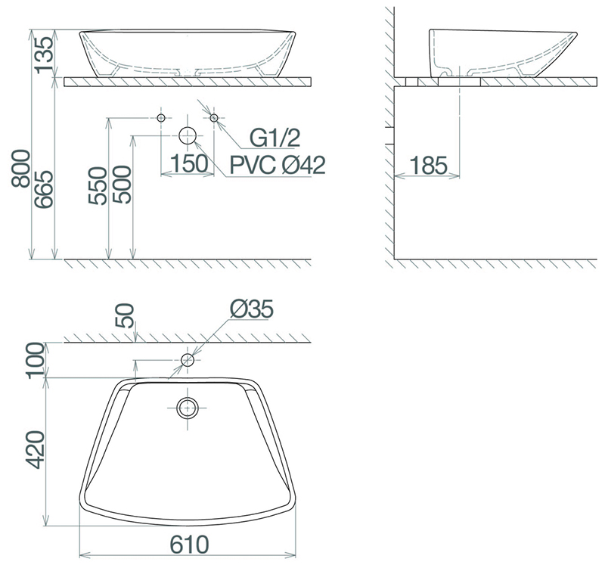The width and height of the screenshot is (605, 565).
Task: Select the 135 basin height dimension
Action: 45,53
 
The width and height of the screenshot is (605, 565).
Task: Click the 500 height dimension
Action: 123,188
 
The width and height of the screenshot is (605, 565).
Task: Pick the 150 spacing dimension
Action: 188,163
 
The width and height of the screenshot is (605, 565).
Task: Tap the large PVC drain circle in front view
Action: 188,136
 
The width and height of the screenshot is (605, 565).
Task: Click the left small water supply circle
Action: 161,118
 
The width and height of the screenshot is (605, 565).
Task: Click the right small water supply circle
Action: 214,118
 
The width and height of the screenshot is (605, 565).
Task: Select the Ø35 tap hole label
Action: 250,309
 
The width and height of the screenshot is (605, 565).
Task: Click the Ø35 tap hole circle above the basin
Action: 187,360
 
